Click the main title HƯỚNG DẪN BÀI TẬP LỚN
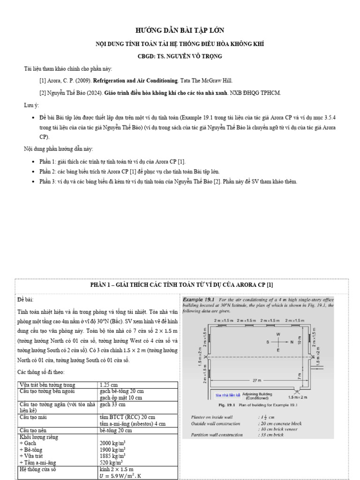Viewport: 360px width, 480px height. (x=180, y=30)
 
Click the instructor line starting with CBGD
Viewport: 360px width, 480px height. (x=180, y=56)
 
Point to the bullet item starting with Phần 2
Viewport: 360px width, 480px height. (x=129, y=172)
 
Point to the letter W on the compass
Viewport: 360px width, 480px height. (x=278, y=334)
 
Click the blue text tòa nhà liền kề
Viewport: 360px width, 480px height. (x=227, y=395)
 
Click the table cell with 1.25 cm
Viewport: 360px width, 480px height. (x=109, y=385)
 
